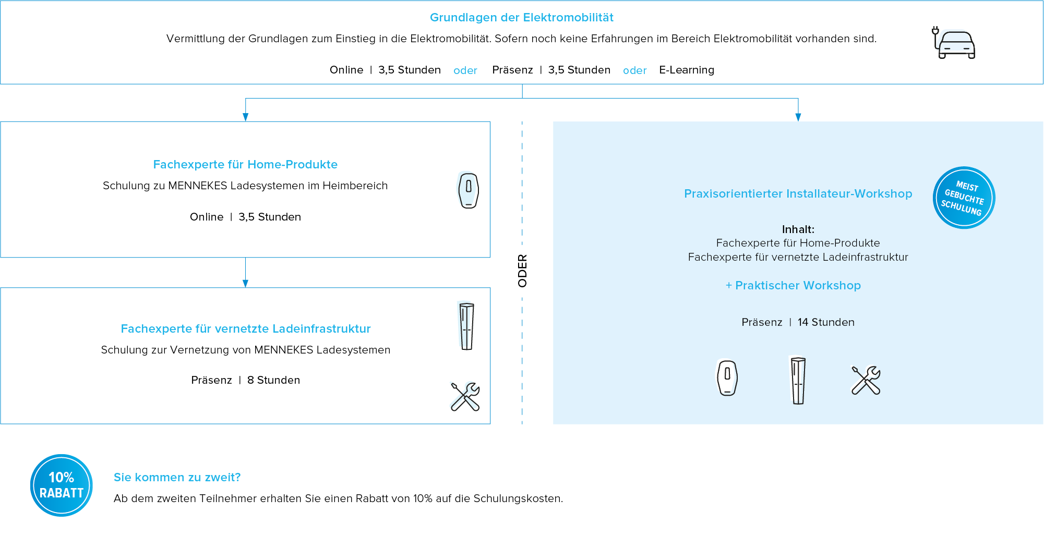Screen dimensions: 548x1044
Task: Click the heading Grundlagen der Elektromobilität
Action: tap(521, 18)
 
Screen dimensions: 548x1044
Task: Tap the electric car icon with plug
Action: tap(954, 43)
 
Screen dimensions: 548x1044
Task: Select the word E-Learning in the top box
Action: tap(686, 70)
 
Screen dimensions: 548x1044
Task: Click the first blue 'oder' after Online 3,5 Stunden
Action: tap(465, 70)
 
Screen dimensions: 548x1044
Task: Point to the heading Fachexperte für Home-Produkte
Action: tap(245, 165)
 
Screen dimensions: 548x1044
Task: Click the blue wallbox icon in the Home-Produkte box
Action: tap(467, 189)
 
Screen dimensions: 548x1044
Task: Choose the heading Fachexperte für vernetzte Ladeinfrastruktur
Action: tap(246, 329)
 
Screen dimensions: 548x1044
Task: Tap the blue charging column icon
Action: tap(465, 325)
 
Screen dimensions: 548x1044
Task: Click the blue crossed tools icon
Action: tap(464, 396)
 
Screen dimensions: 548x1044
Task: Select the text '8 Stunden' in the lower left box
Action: tap(273, 380)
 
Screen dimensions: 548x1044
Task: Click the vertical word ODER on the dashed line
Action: tap(522, 271)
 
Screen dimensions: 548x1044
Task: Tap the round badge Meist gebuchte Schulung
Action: tap(963, 198)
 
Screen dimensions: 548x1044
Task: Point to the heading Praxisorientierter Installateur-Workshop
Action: tap(798, 194)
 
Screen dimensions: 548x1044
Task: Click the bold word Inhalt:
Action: tap(798, 229)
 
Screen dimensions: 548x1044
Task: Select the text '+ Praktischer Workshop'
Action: tap(793, 286)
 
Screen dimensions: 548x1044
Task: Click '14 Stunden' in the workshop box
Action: tap(826, 322)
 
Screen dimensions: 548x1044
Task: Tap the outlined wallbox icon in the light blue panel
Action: tap(727, 378)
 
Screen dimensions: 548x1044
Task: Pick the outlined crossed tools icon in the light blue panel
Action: tap(866, 380)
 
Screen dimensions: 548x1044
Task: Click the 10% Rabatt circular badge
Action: tap(62, 485)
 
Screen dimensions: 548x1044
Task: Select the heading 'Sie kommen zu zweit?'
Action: tap(177, 478)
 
